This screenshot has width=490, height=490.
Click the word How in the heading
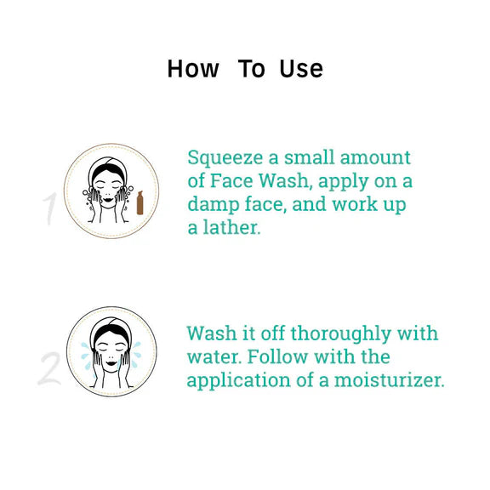pyautogui.click(x=193, y=69)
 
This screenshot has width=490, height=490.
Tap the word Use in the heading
pyautogui.click(x=301, y=69)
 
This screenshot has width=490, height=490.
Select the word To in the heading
pyautogui.click(x=252, y=69)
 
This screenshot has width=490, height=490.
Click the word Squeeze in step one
pyautogui.click(x=225, y=159)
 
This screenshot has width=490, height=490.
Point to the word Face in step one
pyautogui.click(x=231, y=180)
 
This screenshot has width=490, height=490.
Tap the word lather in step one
pyautogui.click(x=231, y=227)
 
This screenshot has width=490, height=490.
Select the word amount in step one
pyautogui.click(x=375, y=157)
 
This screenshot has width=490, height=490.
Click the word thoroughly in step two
pyautogui.click(x=341, y=334)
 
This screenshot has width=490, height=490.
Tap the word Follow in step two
pyautogui.click(x=277, y=356)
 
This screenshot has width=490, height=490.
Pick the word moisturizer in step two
pyautogui.click(x=389, y=380)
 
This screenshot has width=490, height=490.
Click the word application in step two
pyautogui.click(x=238, y=381)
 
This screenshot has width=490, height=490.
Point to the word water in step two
pyautogui.click(x=214, y=357)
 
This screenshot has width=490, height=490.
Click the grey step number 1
pyautogui.click(x=50, y=208)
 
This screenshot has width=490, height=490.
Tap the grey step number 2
pyautogui.click(x=49, y=368)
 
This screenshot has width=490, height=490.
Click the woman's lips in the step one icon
pyautogui.click(x=108, y=199)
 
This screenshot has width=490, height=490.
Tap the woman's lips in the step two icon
pyautogui.click(x=111, y=363)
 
